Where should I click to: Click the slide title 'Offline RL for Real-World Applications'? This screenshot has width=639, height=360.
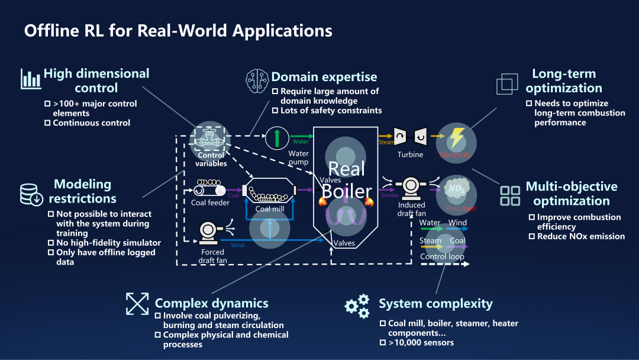tap(178, 31)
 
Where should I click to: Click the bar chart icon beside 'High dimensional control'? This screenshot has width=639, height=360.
tap(31, 79)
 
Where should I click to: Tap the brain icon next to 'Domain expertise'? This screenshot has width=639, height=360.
tap(257, 79)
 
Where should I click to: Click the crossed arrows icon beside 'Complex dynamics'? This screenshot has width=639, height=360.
tap(137, 304)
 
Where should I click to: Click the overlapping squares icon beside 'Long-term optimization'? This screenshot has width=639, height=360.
tap(507, 84)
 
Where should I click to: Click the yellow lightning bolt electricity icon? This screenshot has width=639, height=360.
tap(456, 139)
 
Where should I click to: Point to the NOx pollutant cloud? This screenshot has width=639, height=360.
tap(456, 189)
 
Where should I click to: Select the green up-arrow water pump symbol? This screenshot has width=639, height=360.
tap(276, 138)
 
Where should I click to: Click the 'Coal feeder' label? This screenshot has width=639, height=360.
tap(210, 203)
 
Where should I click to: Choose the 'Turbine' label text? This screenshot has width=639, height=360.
tap(410, 155)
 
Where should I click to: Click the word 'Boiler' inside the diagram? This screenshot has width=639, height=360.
tap(346, 191)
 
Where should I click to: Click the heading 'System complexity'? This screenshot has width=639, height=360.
tap(435, 304)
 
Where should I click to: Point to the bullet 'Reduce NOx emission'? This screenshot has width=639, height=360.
tap(580, 236)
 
